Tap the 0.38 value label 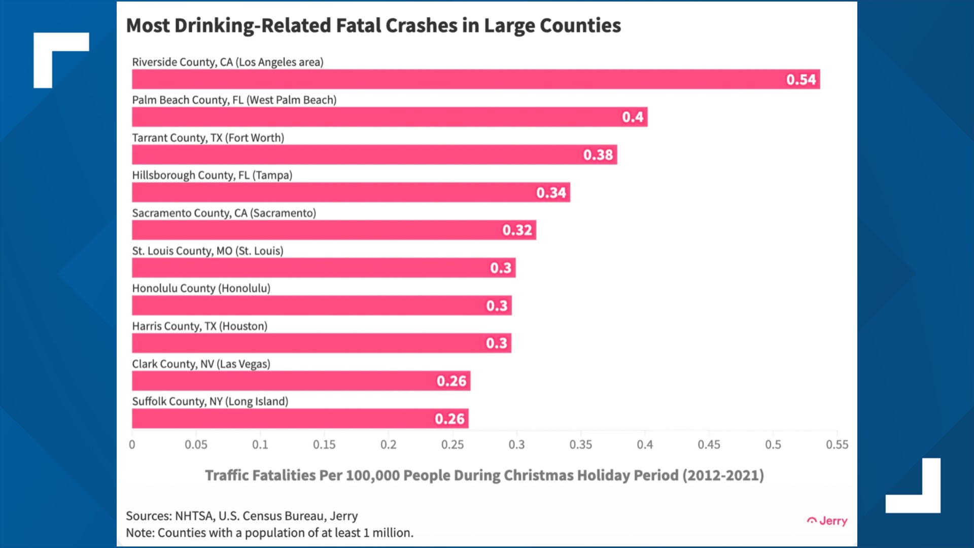pyautogui.click(x=598, y=155)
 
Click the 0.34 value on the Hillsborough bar pyautogui.click(x=551, y=193)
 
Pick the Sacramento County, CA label pyautogui.click(x=224, y=213)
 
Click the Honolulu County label pyautogui.click(x=201, y=288)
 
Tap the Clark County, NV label pyautogui.click(x=201, y=364)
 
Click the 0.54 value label pyautogui.click(x=801, y=80)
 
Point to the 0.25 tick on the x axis pyautogui.click(x=452, y=445)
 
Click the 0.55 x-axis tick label pyautogui.click(x=837, y=445)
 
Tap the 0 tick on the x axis pyautogui.click(x=132, y=445)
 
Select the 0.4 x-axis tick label pyautogui.click(x=645, y=445)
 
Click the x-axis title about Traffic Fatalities pyautogui.click(x=484, y=475)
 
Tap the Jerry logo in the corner pyautogui.click(x=827, y=521)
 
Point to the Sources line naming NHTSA pyautogui.click(x=241, y=516)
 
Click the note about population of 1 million pyautogui.click(x=269, y=533)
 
